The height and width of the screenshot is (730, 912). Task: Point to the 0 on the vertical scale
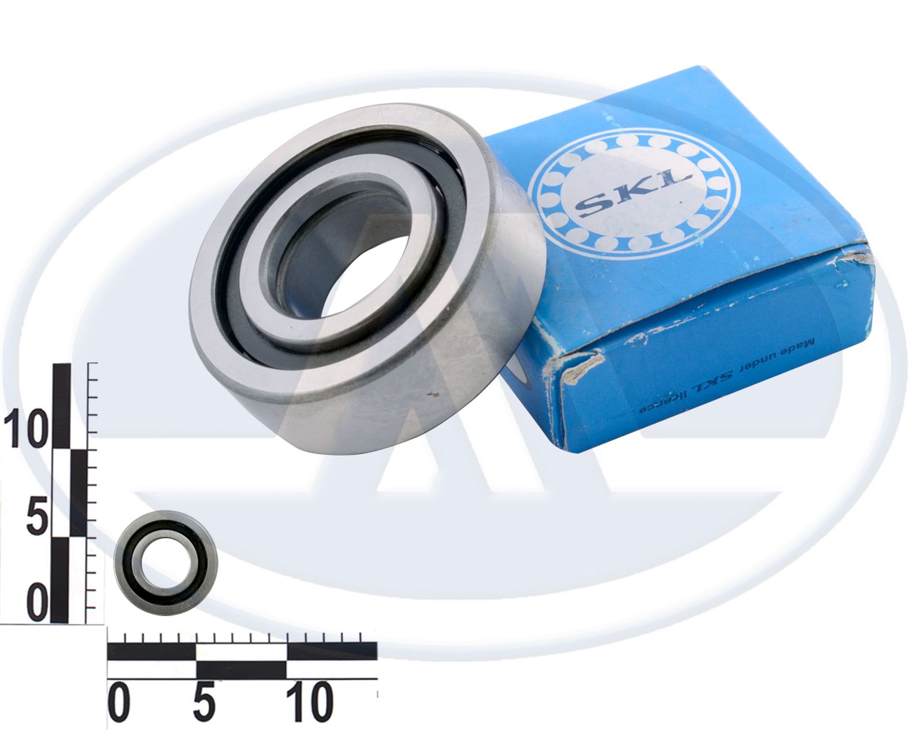pyautogui.click(x=37, y=602)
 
